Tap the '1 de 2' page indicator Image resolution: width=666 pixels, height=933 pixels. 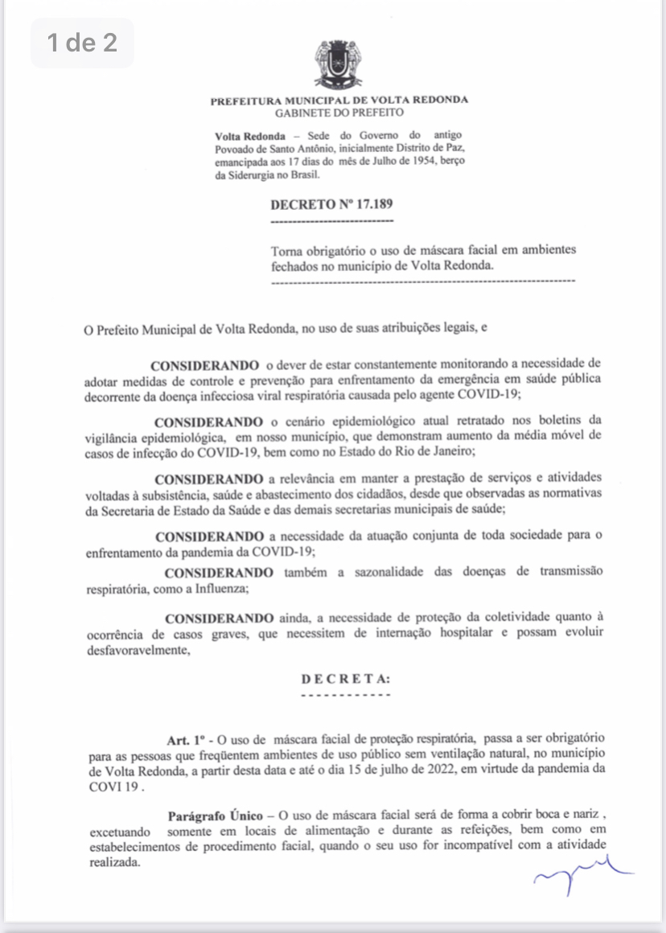coord(82,43)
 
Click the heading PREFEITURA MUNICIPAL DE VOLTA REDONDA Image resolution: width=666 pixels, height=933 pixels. coord(339,101)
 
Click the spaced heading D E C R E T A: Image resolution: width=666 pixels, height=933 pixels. coord(346,679)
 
